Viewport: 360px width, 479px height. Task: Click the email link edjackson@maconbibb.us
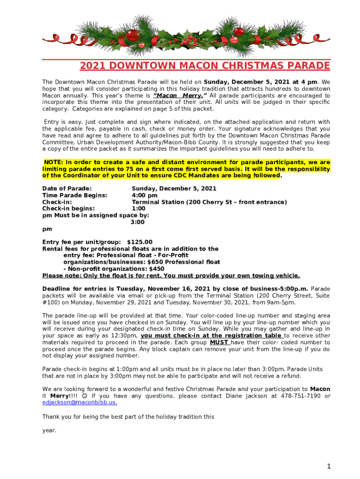pyautogui.click(x=79, y=402)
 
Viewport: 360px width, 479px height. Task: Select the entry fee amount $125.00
pyautogui.click(x=140, y=242)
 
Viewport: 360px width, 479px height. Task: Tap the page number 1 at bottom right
pyautogui.click(x=329, y=466)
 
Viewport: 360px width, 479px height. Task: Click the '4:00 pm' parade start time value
pyautogui.click(x=144, y=195)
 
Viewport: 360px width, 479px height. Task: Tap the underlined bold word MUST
pyautogui.click(x=219, y=342)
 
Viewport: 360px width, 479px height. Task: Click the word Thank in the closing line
pyautogui.click(x=51, y=416)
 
